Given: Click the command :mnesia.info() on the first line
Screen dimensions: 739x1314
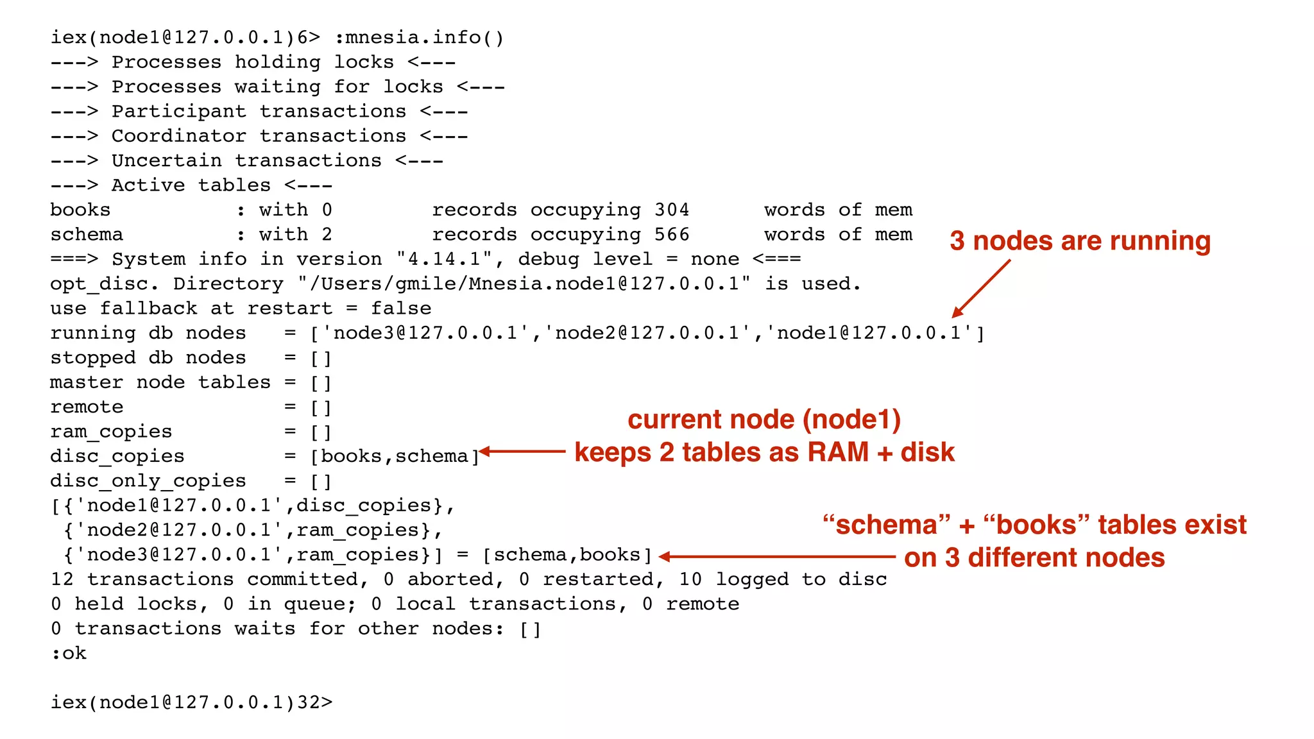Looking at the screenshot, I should [419, 38].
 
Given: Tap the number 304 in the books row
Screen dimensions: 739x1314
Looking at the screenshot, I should [671, 210].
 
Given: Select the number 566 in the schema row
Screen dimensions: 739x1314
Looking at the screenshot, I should [671, 235].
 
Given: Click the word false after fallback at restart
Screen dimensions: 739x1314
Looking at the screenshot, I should [400, 309].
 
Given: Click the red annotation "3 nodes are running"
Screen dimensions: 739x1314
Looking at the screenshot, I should [1080, 241].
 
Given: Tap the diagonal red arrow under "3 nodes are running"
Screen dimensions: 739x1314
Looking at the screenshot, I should [982, 288].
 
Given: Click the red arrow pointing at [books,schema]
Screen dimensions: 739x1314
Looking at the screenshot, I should [522, 452].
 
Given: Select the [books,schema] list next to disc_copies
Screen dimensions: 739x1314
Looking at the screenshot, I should [395, 457].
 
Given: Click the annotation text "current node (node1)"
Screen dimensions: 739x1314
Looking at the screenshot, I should [764, 420].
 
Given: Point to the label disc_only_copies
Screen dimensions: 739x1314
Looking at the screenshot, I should [148, 481].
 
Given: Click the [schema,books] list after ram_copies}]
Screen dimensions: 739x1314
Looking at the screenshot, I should [567, 555].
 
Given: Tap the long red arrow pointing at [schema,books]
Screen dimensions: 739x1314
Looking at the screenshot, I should [776, 557].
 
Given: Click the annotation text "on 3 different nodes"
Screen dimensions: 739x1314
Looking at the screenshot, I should [1034, 557].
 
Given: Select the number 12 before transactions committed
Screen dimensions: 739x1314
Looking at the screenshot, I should [62, 579].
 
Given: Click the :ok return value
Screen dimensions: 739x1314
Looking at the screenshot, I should [69, 653].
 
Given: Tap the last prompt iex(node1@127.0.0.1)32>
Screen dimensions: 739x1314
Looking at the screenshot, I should [191, 702].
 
